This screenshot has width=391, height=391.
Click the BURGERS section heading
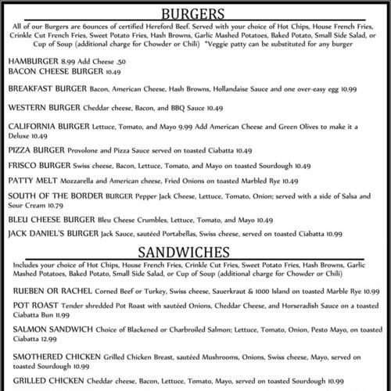195,14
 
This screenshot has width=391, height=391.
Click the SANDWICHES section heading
195,252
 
